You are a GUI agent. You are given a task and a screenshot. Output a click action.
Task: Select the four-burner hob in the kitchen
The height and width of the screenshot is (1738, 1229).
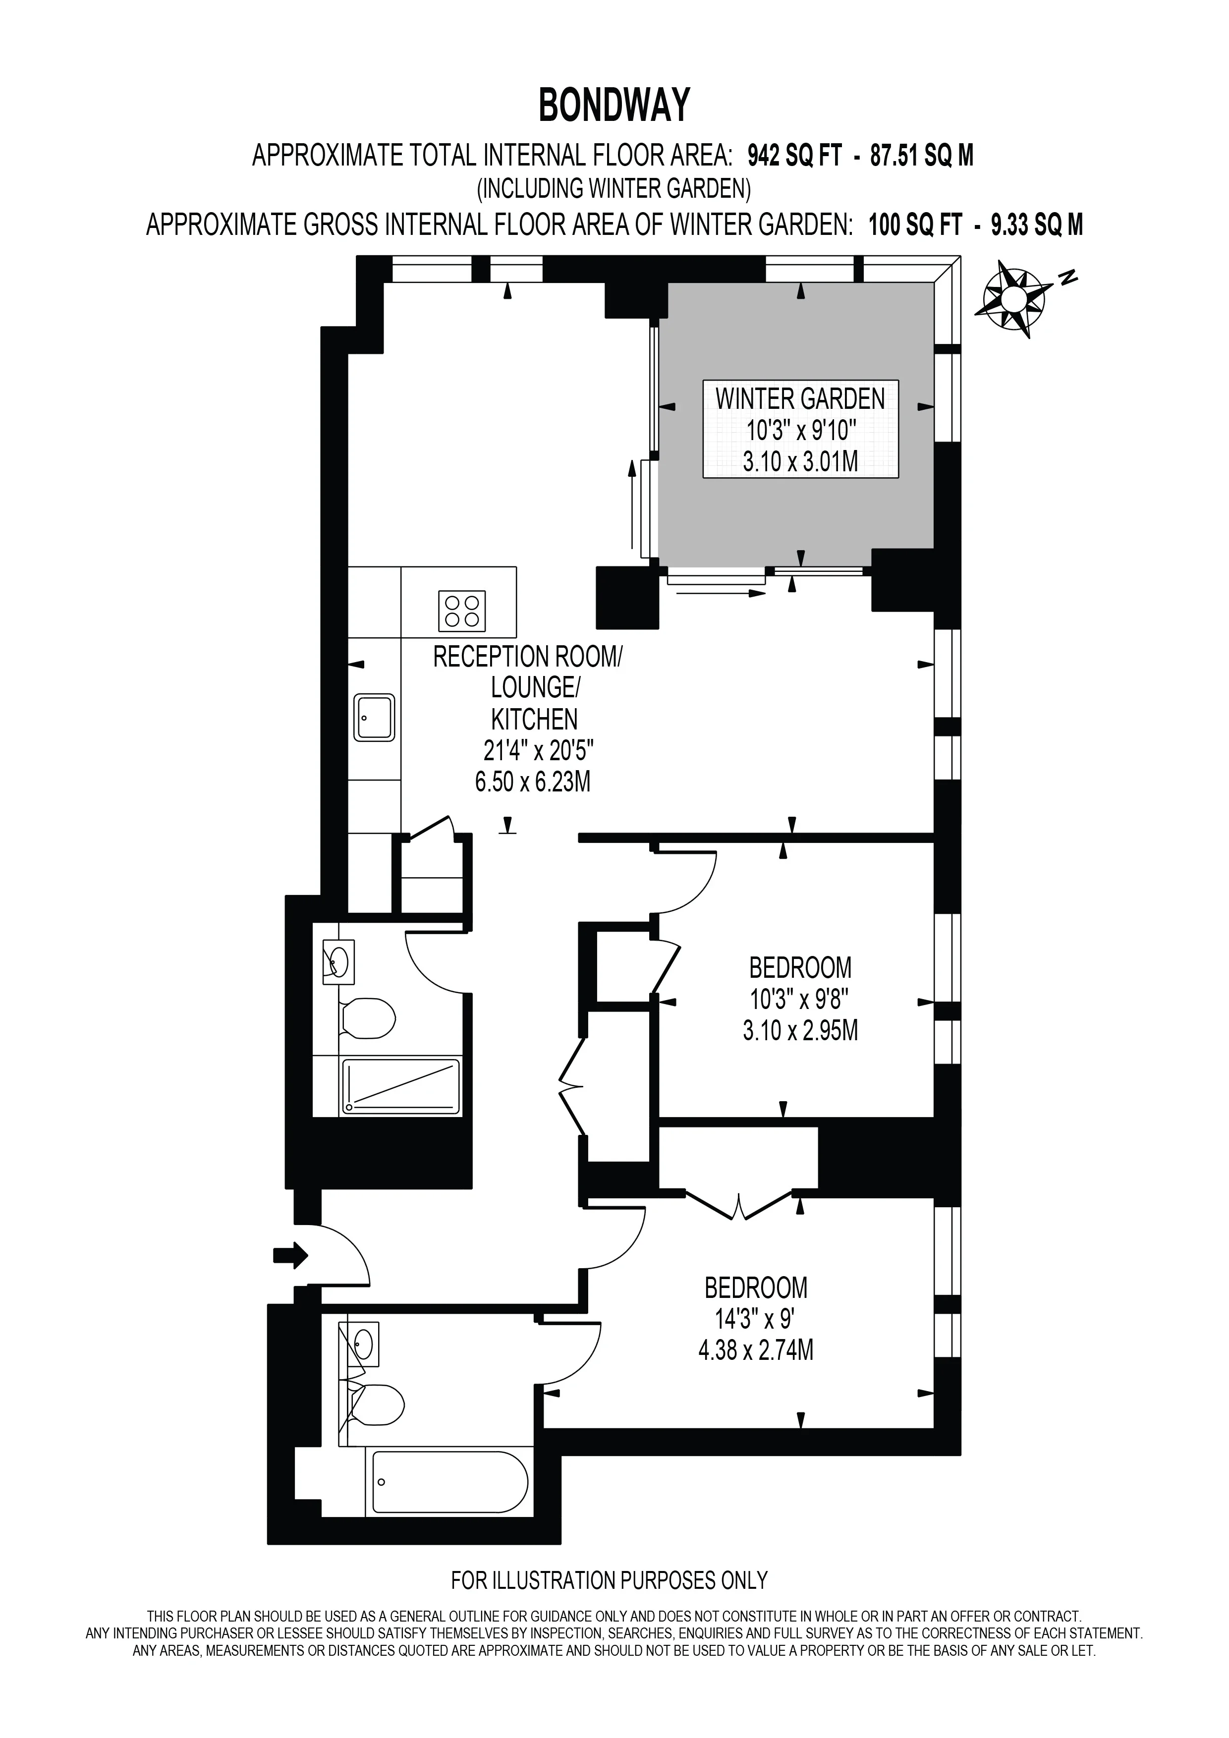tap(462, 611)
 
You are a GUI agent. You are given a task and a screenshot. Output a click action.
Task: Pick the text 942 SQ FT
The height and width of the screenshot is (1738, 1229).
tap(794, 156)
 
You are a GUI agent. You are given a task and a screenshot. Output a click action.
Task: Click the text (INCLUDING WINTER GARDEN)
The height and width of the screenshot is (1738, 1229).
tap(614, 188)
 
